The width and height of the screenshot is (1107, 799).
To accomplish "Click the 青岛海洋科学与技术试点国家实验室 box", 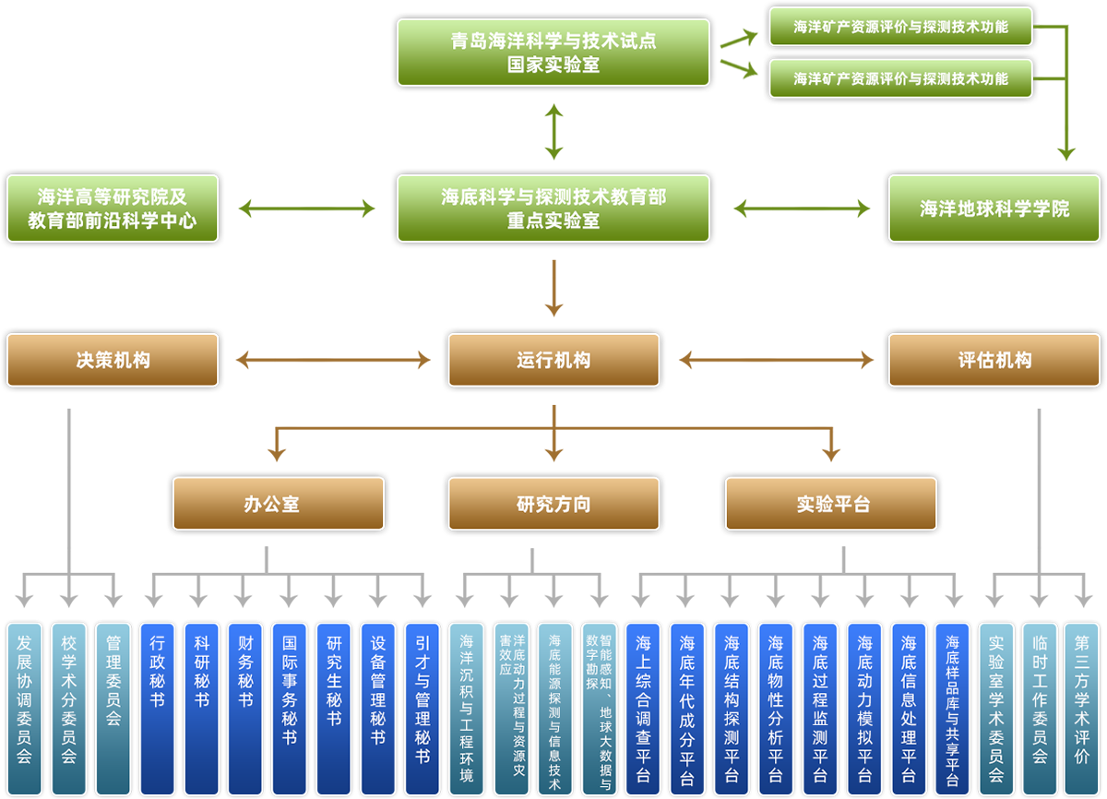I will (553, 53).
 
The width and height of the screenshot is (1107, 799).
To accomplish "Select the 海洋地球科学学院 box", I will (994, 209).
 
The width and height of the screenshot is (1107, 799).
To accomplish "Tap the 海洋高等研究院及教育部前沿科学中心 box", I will (113, 209).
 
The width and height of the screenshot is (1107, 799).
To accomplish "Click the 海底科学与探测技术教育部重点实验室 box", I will (553, 209).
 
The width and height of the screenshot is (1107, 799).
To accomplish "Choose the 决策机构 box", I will (113, 360).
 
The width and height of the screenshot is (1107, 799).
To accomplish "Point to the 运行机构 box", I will (553, 360).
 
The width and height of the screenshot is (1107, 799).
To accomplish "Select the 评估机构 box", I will (994, 360).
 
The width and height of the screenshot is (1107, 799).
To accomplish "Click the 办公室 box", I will (279, 504).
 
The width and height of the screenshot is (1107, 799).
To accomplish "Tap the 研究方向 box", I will (553, 504).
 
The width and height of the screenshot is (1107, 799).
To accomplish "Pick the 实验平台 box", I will (831, 504).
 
